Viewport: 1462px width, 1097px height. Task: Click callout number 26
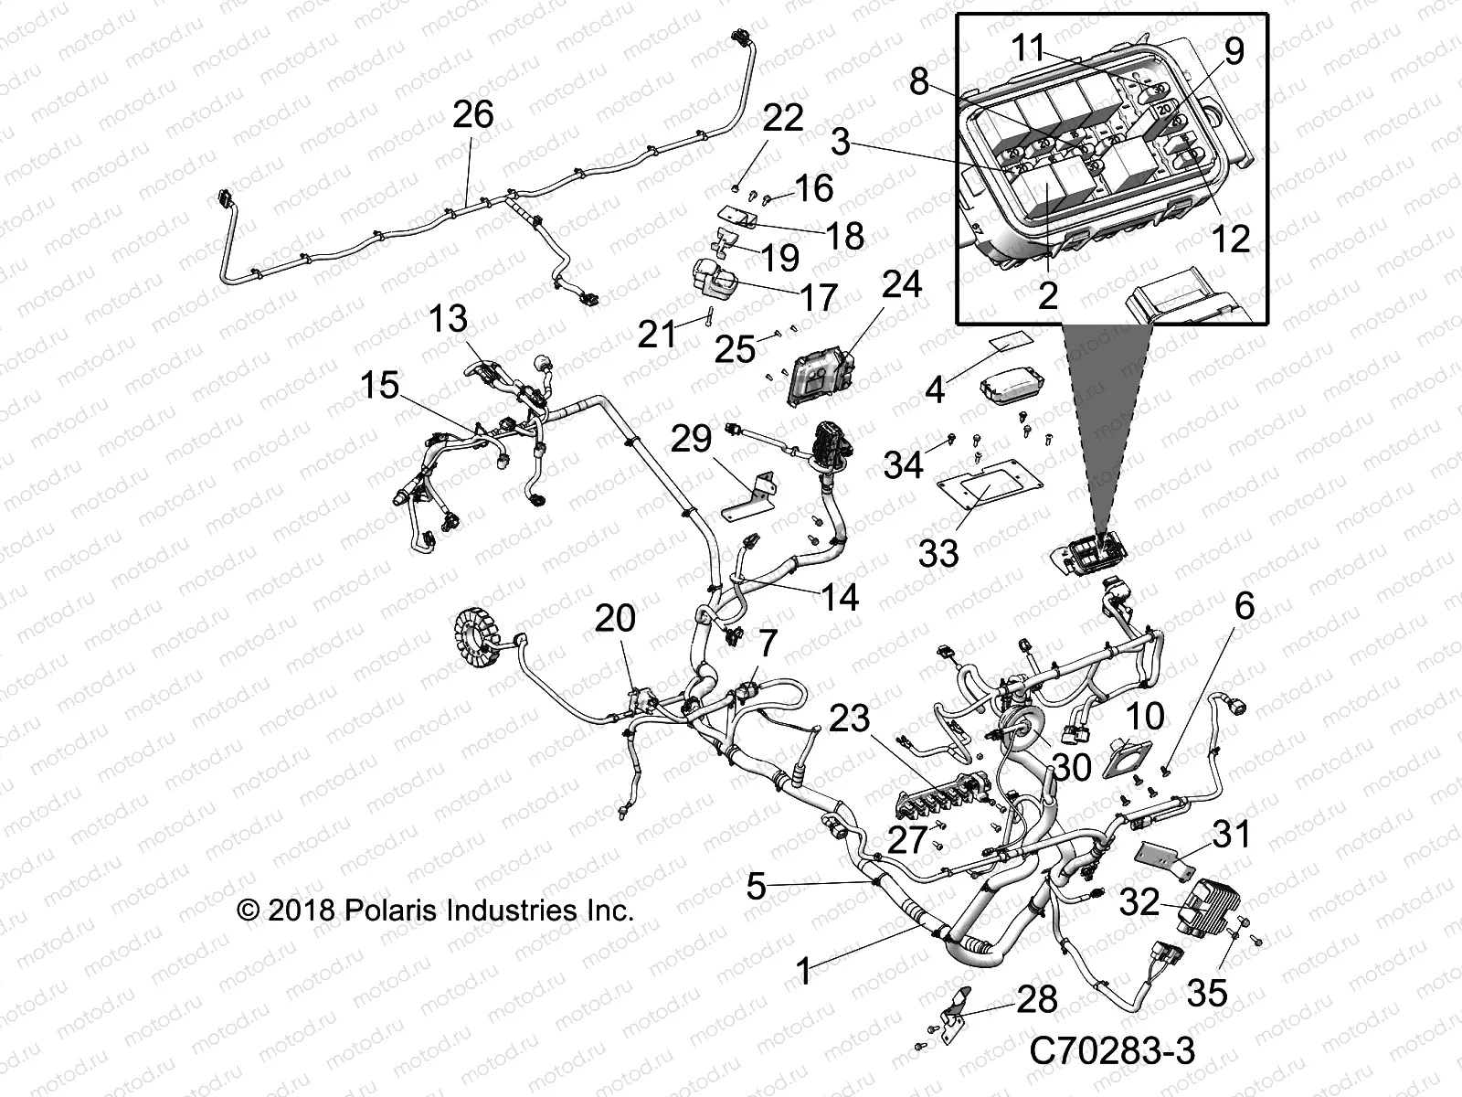coord(473,115)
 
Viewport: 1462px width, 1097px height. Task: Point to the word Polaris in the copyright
coord(396,911)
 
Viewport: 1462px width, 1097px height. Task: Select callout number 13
coord(449,319)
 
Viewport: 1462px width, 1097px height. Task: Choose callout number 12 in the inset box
coord(1231,239)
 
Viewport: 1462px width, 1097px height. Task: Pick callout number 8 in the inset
coord(918,82)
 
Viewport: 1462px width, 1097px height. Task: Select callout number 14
coord(839,597)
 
